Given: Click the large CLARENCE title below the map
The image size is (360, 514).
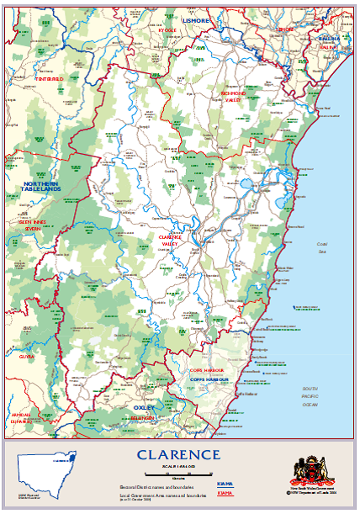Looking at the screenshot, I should coord(179,455).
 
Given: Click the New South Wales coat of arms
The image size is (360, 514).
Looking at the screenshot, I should coord(305,469).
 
